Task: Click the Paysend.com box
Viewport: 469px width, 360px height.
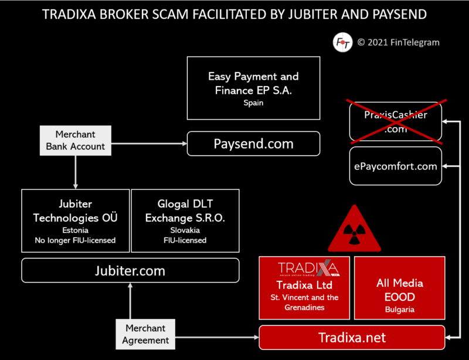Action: (x=253, y=144)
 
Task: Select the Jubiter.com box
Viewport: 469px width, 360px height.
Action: (x=130, y=271)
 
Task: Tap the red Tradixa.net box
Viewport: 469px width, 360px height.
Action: (x=352, y=338)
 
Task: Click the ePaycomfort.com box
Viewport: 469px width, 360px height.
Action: (x=395, y=166)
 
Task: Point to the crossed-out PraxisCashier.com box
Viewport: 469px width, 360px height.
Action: (x=395, y=122)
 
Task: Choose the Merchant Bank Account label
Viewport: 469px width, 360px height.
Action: (x=75, y=141)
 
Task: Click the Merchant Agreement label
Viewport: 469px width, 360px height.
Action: (x=145, y=334)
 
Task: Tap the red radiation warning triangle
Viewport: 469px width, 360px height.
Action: (x=355, y=230)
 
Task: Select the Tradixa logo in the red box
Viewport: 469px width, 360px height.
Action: (x=304, y=269)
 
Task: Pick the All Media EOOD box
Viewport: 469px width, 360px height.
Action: (x=399, y=288)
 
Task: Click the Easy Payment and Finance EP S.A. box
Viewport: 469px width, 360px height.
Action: (x=253, y=88)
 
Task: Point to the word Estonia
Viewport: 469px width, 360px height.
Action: (x=75, y=230)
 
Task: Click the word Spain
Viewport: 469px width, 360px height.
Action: (x=253, y=103)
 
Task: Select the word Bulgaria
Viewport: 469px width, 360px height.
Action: (x=399, y=309)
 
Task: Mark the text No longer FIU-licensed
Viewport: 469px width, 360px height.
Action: (x=75, y=240)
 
